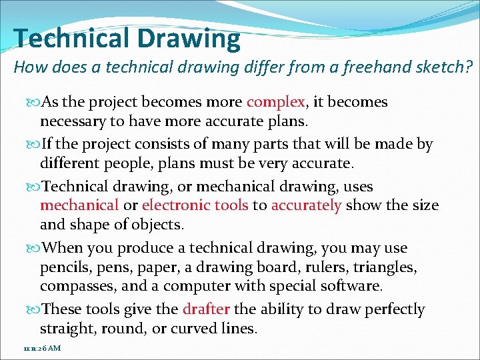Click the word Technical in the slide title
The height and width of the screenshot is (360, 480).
pyautogui.click(x=71, y=39)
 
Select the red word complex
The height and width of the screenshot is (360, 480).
pyautogui.click(x=276, y=102)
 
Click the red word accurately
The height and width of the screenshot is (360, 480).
pyautogui.click(x=306, y=205)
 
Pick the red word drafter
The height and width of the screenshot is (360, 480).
pyautogui.click(x=206, y=309)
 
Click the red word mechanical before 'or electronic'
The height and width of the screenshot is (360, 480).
pyautogui.click(x=79, y=205)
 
